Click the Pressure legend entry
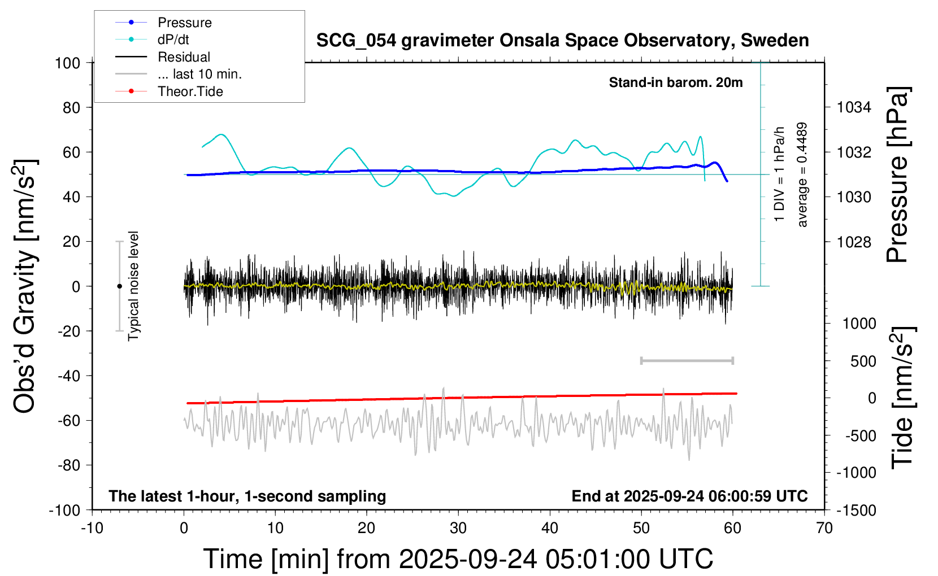(x=184, y=23)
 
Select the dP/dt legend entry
(x=173, y=40)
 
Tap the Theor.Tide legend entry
(x=190, y=91)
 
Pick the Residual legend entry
(x=184, y=57)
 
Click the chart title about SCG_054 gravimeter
(x=562, y=41)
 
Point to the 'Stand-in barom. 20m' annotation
(x=675, y=82)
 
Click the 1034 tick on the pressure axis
(x=854, y=107)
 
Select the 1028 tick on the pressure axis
(x=854, y=242)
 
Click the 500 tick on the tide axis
(x=863, y=361)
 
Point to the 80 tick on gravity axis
(x=71, y=107)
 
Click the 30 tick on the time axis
(x=458, y=529)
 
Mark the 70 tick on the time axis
(x=824, y=529)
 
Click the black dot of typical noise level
(x=119, y=286)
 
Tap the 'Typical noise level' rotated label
(x=133, y=286)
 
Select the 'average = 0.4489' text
(x=802, y=175)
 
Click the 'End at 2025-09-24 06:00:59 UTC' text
(x=689, y=496)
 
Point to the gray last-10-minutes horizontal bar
(x=687, y=360)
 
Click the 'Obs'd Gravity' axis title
(x=25, y=286)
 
